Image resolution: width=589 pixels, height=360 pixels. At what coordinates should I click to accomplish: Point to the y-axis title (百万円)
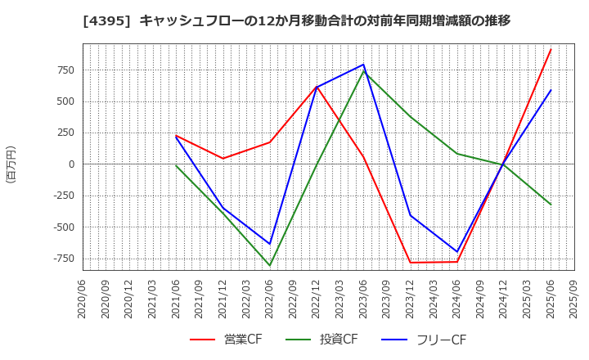click(11, 164)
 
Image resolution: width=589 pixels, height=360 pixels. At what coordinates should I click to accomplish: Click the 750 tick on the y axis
click(65, 70)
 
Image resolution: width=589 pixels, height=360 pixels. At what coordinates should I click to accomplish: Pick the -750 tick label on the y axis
click(61, 259)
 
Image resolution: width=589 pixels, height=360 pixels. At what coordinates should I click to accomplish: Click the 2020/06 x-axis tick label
click(82, 300)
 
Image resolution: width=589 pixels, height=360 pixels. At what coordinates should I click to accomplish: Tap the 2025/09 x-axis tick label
click(574, 300)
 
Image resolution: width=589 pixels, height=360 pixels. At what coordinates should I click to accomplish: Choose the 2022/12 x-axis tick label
click(317, 300)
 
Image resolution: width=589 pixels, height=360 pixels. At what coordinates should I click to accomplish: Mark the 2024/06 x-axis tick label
click(457, 300)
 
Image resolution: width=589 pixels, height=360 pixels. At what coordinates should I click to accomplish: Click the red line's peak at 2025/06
click(551, 49)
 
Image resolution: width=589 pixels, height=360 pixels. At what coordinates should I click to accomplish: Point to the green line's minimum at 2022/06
click(270, 265)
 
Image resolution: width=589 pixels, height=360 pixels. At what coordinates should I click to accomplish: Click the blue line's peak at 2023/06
click(363, 65)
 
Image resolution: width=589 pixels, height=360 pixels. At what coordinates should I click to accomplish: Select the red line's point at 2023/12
click(410, 263)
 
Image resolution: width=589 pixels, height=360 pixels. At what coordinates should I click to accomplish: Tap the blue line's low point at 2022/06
click(270, 244)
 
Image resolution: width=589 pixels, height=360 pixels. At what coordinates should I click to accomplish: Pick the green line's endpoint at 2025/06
click(551, 205)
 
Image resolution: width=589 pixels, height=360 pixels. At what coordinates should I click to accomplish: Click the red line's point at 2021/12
click(223, 159)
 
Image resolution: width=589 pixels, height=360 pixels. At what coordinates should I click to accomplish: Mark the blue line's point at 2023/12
click(410, 215)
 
